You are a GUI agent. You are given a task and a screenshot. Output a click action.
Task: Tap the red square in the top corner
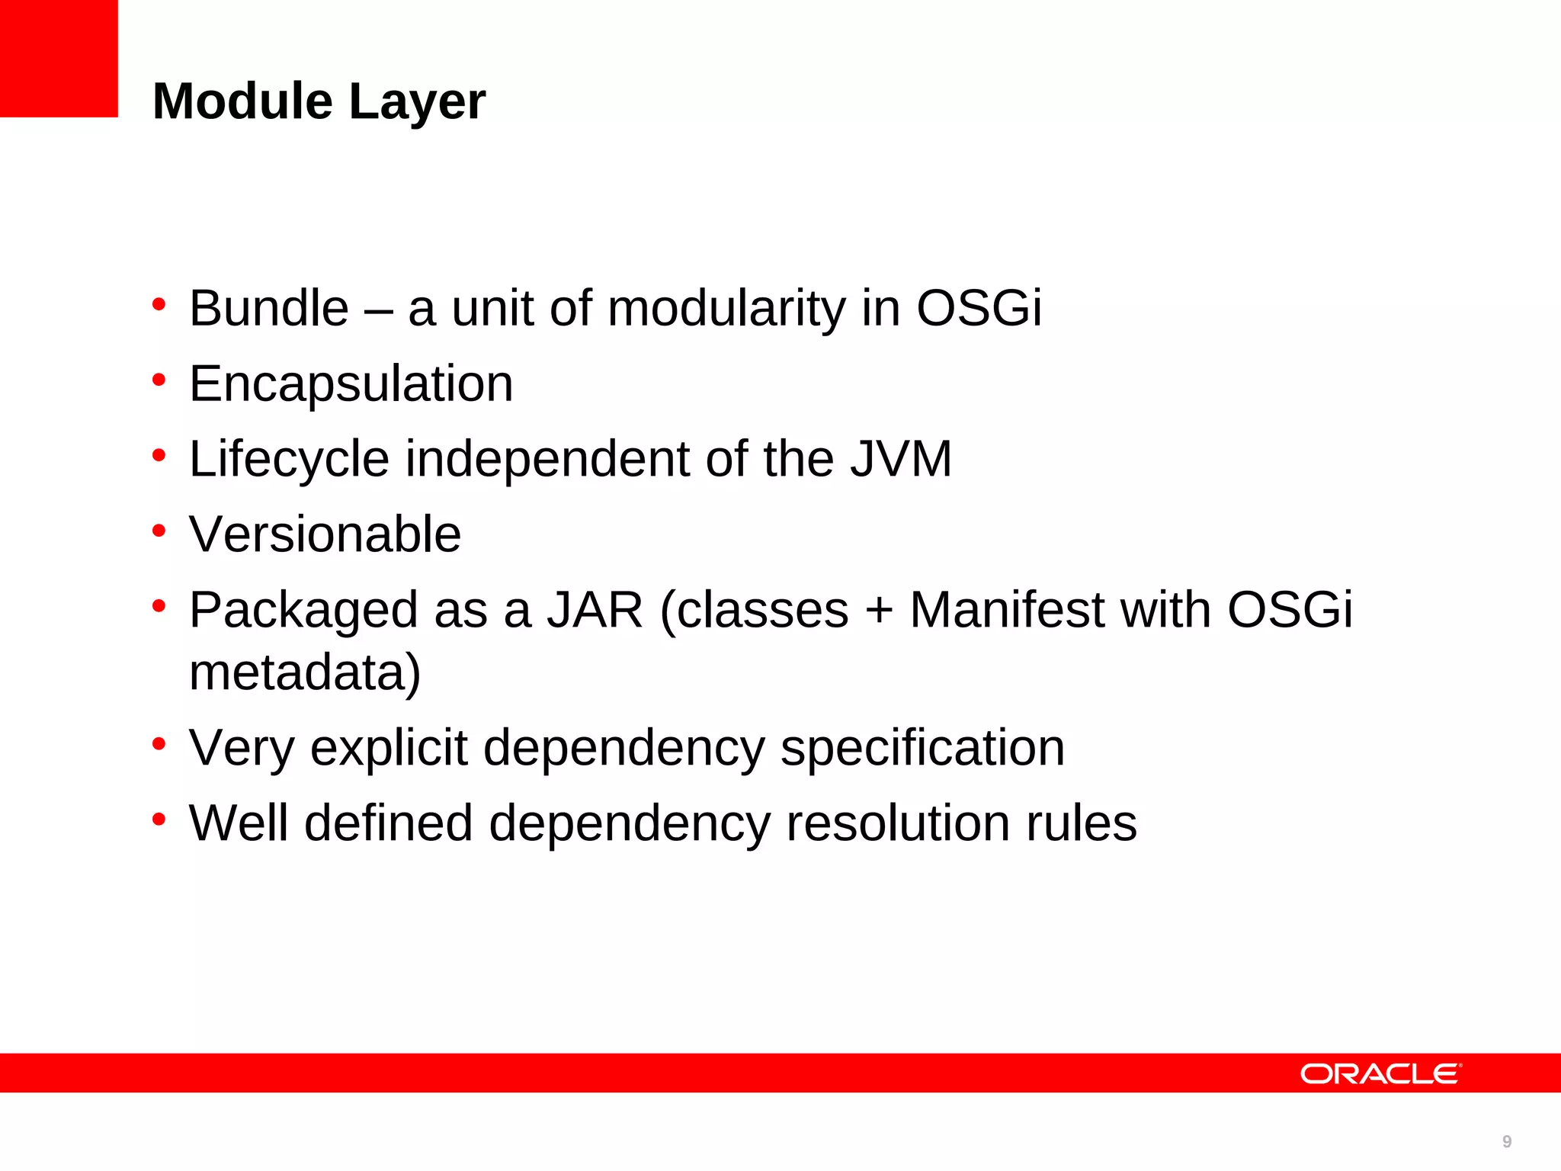[x=59, y=59]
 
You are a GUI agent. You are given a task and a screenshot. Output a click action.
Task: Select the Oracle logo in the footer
[x=1380, y=1074]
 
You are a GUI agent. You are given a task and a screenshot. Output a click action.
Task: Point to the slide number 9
[x=1507, y=1141]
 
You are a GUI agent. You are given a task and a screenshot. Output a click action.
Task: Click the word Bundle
[x=269, y=308]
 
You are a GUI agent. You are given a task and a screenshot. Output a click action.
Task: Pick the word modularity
[x=726, y=310]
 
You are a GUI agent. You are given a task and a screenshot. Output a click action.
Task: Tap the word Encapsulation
[x=351, y=383]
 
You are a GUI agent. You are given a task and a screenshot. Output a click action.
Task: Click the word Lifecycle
[x=289, y=460]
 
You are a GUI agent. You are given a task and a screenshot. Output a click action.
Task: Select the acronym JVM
[x=901, y=459]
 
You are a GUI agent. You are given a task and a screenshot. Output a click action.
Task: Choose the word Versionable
[x=325, y=534]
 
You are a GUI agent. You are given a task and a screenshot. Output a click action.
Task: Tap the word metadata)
[x=305, y=672]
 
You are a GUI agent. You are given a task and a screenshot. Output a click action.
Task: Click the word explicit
[x=389, y=748]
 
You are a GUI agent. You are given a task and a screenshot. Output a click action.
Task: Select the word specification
[x=922, y=748]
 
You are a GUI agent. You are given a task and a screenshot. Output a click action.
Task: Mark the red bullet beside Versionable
[x=159, y=530]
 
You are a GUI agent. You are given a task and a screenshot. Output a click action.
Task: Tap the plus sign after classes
[x=879, y=611]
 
